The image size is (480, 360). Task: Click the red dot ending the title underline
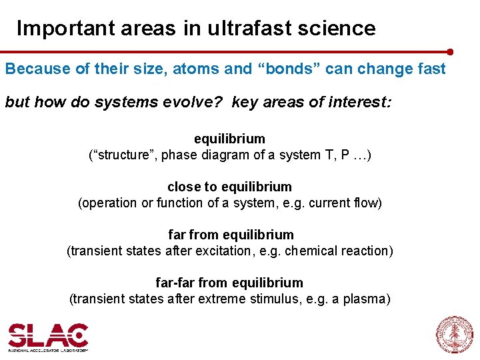coord(451,51)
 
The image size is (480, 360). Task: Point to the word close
coord(183,187)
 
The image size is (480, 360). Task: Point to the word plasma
coord(366,299)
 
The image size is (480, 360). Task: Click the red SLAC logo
coord(48,335)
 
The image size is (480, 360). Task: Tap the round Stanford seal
coord(454,335)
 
